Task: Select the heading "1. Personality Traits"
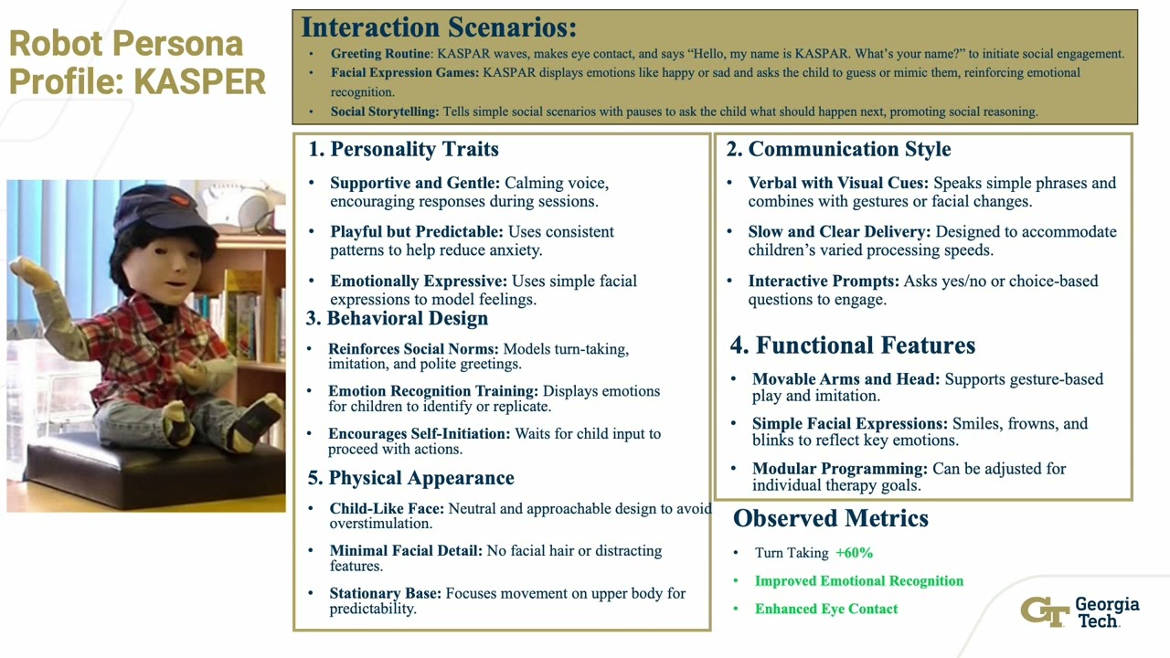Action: [x=403, y=149]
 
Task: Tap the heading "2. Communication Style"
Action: [x=838, y=149]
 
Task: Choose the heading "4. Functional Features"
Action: [x=852, y=345]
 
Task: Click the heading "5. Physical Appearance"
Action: [x=411, y=478]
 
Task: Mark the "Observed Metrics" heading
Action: [x=830, y=518]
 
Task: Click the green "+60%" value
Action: [x=854, y=553]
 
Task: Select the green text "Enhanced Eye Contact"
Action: [x=826, y=609]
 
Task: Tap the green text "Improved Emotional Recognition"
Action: [x=859, y=581]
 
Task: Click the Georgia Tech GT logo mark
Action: [x=1044, y=611]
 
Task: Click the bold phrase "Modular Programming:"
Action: [x=840, y=469]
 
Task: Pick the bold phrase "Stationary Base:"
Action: [x=385, y=593]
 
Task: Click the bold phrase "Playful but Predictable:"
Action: [x=417, y=232]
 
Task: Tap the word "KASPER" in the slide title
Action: [x=200, y=81]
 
